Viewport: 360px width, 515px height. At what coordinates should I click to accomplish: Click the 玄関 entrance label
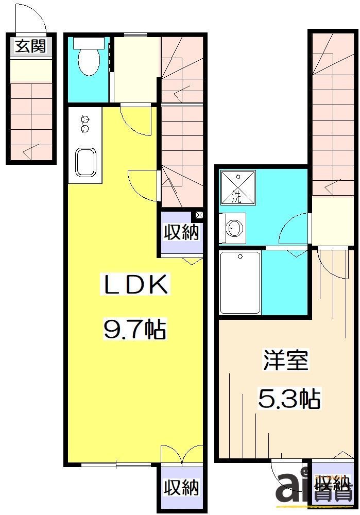[30, 46]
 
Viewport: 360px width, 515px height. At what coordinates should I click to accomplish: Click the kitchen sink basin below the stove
[85, 163]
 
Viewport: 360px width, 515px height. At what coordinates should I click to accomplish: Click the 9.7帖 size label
[135, 330]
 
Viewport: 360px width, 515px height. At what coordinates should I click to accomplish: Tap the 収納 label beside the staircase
[181, 233]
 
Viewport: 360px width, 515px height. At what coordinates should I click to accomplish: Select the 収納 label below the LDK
[181, 487]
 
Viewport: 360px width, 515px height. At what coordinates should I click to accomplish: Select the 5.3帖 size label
[288, 399]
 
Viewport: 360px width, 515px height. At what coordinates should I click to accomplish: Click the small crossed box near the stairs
[199, 215]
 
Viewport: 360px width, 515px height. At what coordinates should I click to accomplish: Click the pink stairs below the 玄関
[31, 121]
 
